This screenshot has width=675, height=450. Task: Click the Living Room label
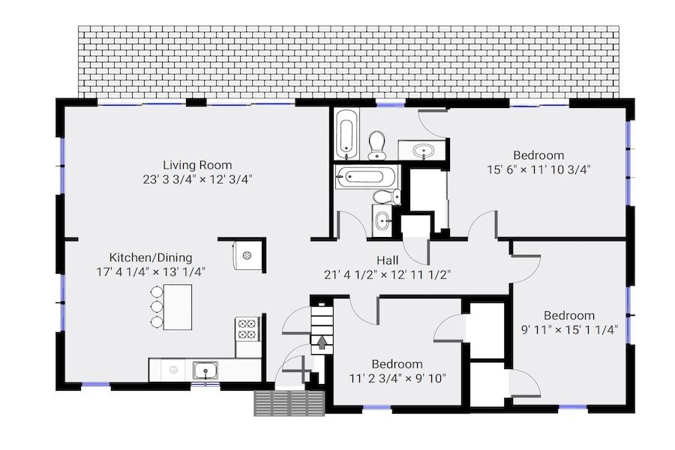point(197,165)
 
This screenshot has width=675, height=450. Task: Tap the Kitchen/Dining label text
point(151,257)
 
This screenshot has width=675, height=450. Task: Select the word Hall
point(388,260)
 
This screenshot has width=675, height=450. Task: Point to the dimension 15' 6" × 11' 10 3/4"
point(538,169)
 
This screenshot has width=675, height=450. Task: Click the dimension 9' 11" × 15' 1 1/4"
point(569,329)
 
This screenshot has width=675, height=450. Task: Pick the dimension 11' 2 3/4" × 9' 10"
point(397,378)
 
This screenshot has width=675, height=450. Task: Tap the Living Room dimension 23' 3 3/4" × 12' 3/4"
point(197,179)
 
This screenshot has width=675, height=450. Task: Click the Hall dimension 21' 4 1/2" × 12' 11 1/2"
point(388,274)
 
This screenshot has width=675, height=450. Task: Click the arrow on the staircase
point(322,343)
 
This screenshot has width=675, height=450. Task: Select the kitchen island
point(177,307)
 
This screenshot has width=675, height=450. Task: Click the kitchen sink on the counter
point(205,370)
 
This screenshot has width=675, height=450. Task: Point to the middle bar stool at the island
point(156,307)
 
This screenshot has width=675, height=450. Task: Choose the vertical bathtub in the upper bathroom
point(347,133)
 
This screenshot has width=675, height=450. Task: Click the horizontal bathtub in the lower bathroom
point(365,177)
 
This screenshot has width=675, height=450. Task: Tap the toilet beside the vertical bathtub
point(377,145)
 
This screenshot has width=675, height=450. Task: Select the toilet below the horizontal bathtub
point(387,197)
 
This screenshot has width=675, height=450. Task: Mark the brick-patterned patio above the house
point(349,62)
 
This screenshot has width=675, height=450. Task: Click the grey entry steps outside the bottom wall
point(289,403)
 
